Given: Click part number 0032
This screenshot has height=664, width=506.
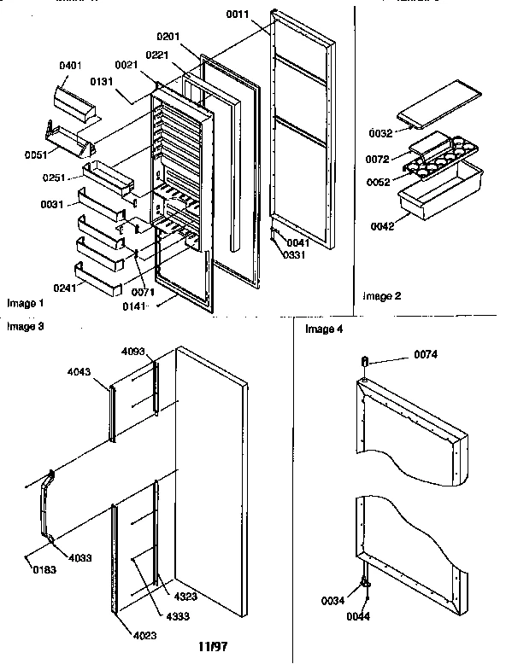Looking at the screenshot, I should [x=380, y=134].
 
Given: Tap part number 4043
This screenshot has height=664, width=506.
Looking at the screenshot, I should [x=80, y=372].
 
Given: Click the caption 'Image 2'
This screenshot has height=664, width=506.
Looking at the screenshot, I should [x=381, y=296].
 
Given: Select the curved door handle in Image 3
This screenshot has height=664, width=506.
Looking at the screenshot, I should [x=43, y=508].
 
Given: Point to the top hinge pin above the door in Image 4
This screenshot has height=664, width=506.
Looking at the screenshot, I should [x=365, y=363].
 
